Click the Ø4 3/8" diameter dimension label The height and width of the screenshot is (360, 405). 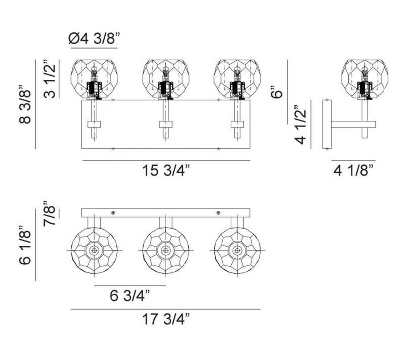click(94, 39)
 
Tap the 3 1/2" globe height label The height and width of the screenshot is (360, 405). click(49, 79)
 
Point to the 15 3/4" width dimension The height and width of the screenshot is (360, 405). click(166, 170)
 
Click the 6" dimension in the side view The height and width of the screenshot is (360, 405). click(277, 91)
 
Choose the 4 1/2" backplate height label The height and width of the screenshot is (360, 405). click(300, 124)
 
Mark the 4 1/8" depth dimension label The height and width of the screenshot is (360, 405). click(354, 170)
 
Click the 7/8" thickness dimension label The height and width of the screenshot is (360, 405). click(49, 213)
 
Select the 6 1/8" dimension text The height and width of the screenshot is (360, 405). click(25, 245)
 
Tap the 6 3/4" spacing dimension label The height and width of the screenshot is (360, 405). click(130, 296)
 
